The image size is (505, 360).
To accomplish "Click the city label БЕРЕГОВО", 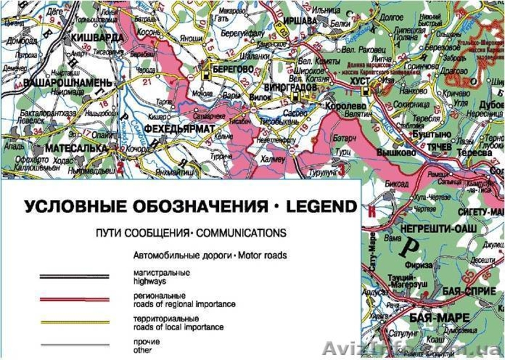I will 232,68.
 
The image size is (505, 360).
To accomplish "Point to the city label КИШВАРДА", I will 98,37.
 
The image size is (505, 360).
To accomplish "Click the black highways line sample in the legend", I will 74,276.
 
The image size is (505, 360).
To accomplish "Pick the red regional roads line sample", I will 74,299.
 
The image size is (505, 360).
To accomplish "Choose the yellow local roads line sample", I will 74,323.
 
